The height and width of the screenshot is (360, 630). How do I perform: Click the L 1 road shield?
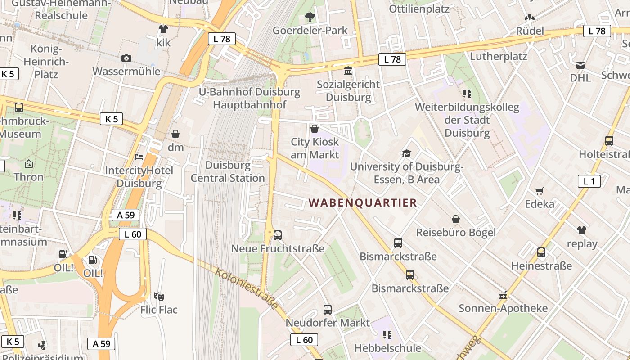589,181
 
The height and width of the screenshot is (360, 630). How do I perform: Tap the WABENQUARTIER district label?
363,203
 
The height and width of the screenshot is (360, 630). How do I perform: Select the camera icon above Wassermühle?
126,58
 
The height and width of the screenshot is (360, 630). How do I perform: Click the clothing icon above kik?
163,29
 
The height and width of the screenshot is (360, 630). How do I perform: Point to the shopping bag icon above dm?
175,134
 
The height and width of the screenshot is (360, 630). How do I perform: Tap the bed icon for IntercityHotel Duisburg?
139,157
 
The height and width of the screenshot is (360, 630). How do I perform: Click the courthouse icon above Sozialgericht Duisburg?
348,71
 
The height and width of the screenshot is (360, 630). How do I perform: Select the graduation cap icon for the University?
407,153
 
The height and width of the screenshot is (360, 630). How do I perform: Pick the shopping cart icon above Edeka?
540,191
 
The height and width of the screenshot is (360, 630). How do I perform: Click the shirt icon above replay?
582,230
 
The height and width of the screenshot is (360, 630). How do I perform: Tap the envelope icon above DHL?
580,65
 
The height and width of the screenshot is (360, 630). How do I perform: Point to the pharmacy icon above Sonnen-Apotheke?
503,296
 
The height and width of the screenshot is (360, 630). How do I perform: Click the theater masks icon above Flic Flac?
158,296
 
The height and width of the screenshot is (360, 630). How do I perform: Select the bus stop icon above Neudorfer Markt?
328,310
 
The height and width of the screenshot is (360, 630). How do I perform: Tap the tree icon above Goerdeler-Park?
310,18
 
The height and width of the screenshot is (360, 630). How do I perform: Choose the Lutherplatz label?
499,57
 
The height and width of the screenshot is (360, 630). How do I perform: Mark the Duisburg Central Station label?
228,171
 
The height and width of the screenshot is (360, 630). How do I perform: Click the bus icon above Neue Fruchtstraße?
278,235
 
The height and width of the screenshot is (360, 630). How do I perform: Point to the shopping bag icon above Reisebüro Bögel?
456,219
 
